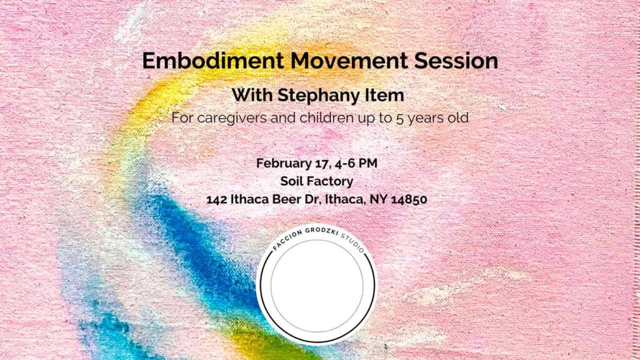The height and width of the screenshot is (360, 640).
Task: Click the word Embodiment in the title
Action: point(212,61)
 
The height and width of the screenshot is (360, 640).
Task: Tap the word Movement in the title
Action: point(349,61)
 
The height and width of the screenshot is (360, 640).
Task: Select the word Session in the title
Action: point(456,61)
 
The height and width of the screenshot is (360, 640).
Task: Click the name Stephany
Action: point(312,96)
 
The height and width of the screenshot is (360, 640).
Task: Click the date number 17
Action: point(322,164)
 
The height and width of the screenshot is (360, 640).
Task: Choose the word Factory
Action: point(329,182)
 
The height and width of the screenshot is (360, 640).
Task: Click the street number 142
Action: point(216,199)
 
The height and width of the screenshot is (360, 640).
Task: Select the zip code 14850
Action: point(409,199)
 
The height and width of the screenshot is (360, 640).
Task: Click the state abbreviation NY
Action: point(378,199)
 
